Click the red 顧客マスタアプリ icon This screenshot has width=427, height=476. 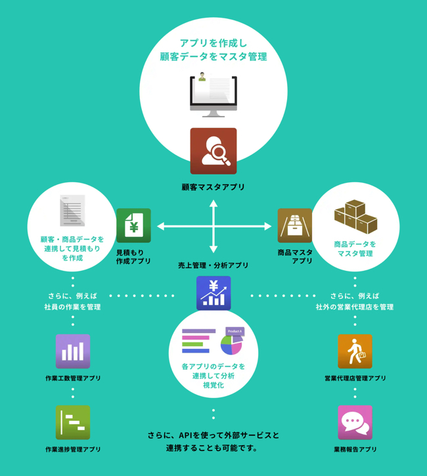(x=213, y=151)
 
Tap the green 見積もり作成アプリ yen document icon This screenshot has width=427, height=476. (x=133, y=226)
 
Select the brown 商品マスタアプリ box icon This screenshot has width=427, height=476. (x=294, y=226)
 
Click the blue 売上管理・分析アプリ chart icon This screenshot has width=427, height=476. (x=213, y=293)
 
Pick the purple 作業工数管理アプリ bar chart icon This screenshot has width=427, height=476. (x=73, y=351)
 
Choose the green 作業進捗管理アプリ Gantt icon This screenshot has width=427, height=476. (x=73, y=423)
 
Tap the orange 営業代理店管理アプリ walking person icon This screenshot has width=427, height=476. (x=355, y=351)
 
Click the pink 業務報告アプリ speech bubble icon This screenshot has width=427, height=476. (x=355, y=423)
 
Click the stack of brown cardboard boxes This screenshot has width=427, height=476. (x=355, y=216)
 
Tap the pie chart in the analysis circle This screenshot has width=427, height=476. (x=231, y=345)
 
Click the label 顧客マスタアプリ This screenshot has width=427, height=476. (x=213, y=188)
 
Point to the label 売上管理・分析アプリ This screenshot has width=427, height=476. (x=213, y=266)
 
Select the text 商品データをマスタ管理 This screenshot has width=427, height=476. (x=355, y=248)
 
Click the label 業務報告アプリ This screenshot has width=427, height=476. (x=355, y=450)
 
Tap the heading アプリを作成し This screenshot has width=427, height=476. (x=213, y=43)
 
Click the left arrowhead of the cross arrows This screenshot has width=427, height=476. (x=160, y=227)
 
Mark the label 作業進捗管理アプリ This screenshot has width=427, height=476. (x=73, y=450)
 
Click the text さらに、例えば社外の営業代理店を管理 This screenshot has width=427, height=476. (x=354, y=301)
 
